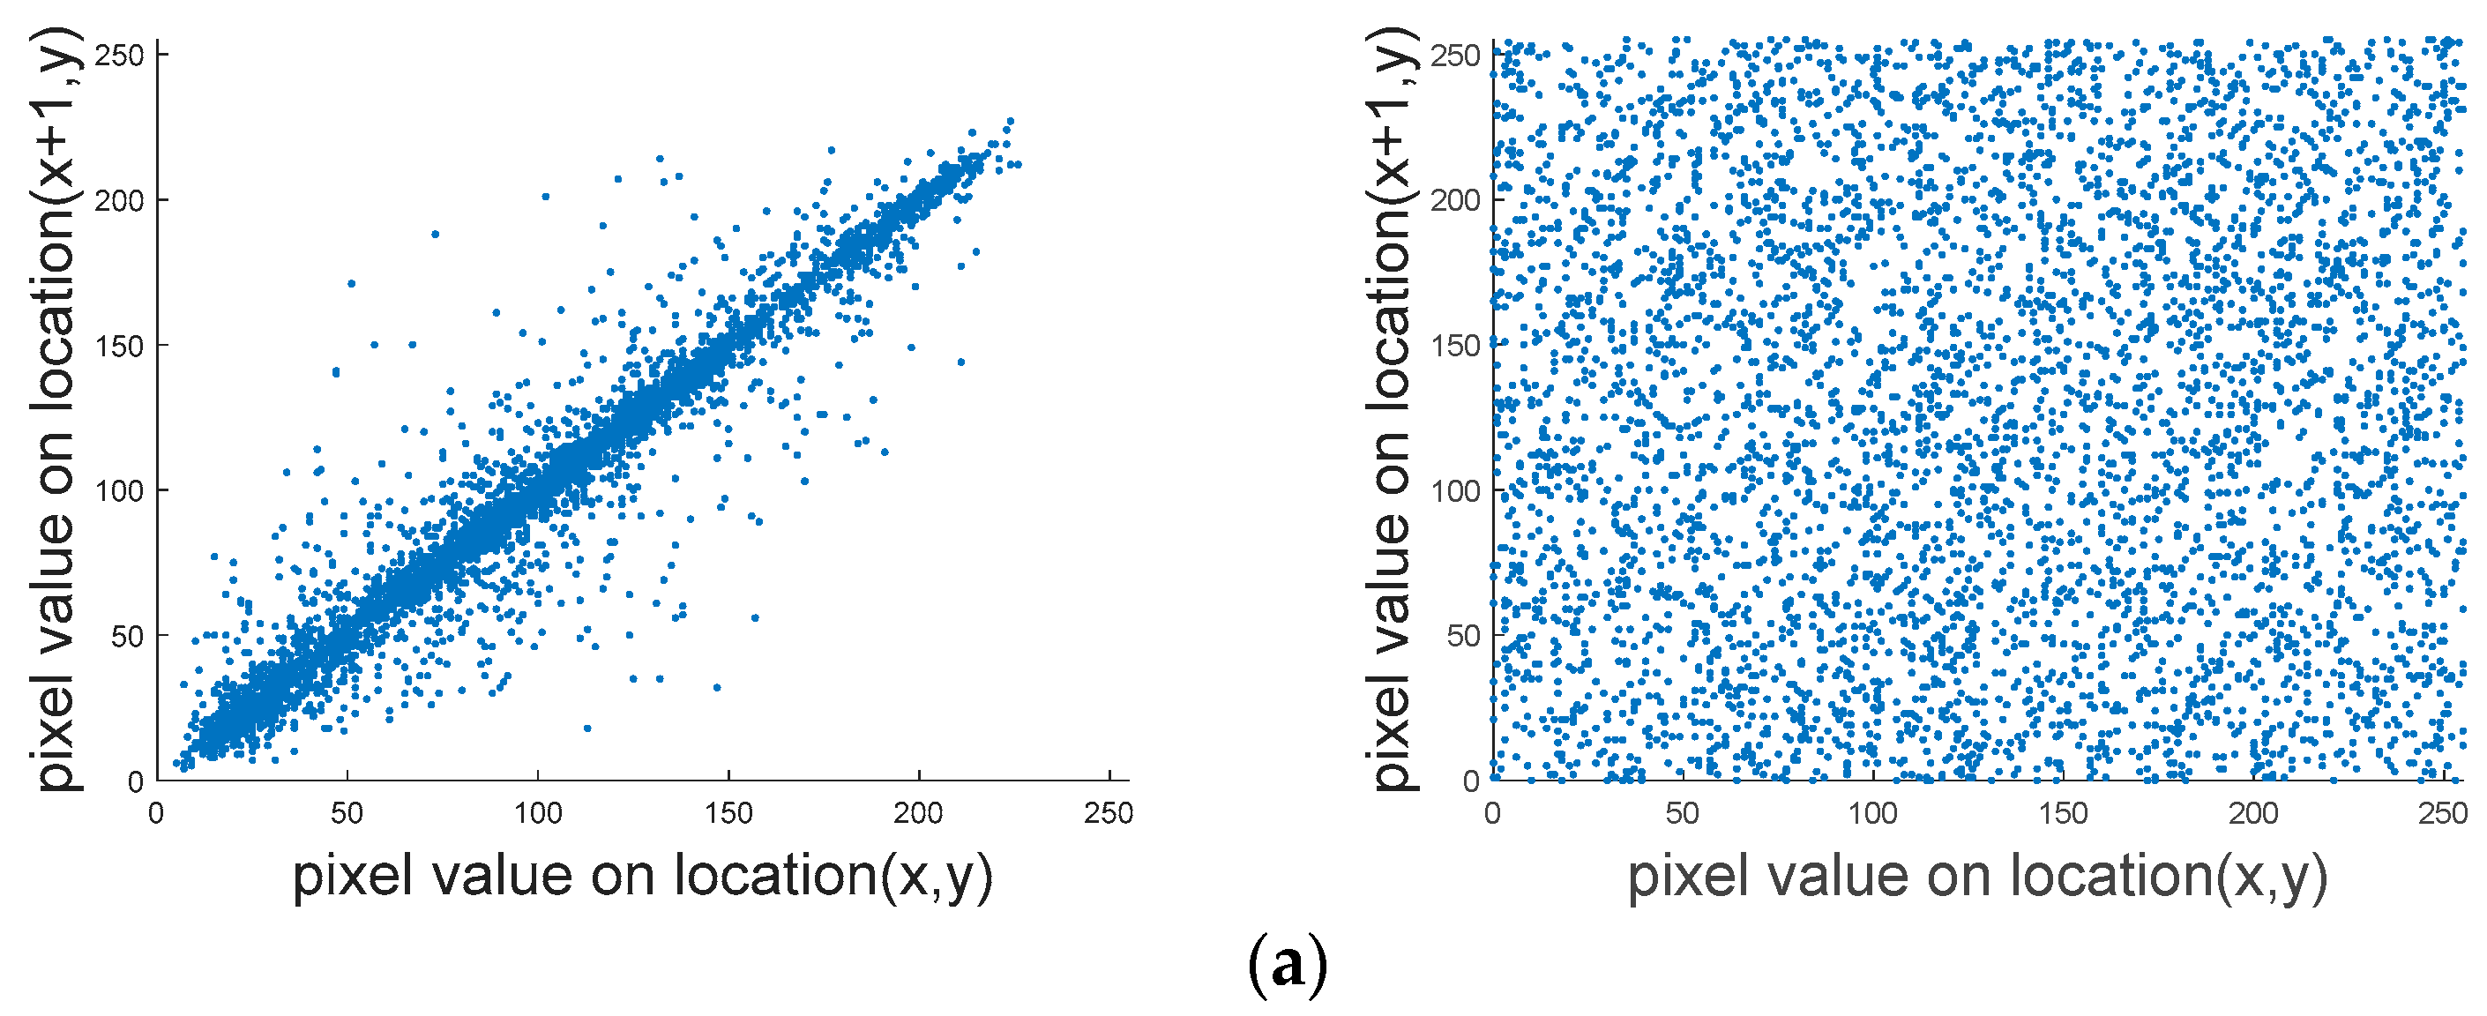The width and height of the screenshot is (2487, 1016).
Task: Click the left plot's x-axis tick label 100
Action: (x=537, y=813)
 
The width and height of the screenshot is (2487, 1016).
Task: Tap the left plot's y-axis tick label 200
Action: (x=120, y=201)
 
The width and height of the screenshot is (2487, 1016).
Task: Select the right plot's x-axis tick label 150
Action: (x=2063, y=813)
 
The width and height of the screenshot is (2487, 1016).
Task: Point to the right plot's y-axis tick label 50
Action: (x=1463, y=636)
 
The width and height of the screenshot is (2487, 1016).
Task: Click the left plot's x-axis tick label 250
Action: (x=1109, y=813)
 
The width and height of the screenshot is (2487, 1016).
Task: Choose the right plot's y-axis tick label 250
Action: (x=1455, y=56)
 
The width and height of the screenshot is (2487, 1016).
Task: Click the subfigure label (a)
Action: (x=1287, y=964)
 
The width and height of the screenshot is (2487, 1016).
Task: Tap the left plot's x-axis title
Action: (x=642, y=876)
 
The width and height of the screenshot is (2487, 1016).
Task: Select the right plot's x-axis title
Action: (x=1977, y=876)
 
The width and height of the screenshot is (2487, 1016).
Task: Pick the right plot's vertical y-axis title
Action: (x=1390, y=410)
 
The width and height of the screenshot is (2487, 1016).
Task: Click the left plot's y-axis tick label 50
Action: (x=128, y=637)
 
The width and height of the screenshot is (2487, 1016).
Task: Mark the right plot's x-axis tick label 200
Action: (x=2252, y=813)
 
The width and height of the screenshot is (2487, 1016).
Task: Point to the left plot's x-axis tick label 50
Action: (x=347, y=813)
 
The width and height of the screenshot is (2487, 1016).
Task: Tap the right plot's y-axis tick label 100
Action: (x=1455, y=490)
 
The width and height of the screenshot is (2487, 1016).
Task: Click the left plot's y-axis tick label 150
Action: (x=120, y=346)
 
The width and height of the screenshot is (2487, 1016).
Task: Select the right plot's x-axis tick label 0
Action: (x=1492, y=813)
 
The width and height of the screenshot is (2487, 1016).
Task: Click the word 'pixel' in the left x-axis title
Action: (x=353, y=876)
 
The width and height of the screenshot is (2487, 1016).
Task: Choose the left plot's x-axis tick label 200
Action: (x=918, y=813)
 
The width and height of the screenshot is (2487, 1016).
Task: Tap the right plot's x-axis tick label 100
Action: (x=1873, y=813)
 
